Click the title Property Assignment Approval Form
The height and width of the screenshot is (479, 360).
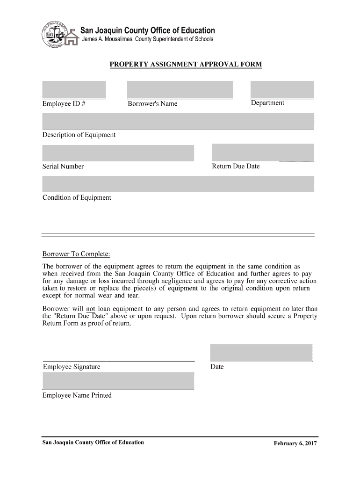tap(186, 64)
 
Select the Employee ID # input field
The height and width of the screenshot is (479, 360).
tap(74, 90)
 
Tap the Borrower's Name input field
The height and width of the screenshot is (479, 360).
tap(180, 90)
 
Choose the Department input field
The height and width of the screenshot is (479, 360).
tap(282, 90)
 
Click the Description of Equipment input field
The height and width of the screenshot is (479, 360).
tap(178, 121)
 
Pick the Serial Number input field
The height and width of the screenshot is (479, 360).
tap(118, 153)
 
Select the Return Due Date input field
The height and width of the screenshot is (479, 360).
tap(263, 152)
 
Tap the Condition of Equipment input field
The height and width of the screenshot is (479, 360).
tap(178, 183)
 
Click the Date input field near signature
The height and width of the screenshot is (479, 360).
tap(261, 353)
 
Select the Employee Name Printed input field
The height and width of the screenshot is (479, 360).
tap(118, 381)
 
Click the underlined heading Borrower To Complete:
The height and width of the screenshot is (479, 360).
tap(76, 254)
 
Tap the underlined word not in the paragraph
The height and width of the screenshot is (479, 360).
tap(91, 309)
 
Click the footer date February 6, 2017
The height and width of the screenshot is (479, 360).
tap(295, 443)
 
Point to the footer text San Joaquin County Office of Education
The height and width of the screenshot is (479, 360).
tap(93, 442)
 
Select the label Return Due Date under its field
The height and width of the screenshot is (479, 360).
tap(236, 166)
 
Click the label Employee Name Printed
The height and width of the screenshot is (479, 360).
tap(77, 395)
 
